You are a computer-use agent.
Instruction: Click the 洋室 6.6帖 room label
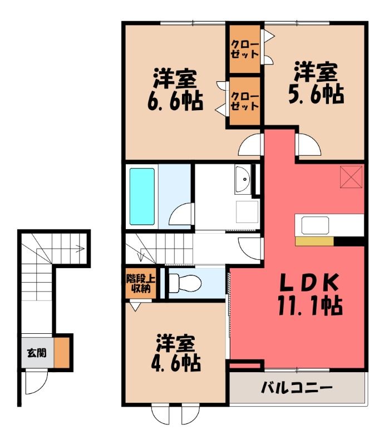click(x=175, y=89)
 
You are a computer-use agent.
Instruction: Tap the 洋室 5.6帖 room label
click(x=316, y=82)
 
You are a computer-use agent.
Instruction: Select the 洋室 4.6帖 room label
click(x=176, y=353)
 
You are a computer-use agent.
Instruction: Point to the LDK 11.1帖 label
click(x=310, y=294)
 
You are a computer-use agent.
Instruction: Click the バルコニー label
click(x=297, y=387)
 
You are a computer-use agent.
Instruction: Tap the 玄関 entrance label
click(x=37, y=353)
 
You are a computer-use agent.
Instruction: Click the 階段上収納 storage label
click(x=141, y=284)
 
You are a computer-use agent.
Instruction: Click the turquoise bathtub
click(x=142, y=196)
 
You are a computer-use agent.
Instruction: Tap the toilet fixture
click(x=185, y=283)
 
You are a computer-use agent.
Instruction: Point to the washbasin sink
click(x=243, y=179)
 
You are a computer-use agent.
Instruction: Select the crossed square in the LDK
click(x=351, y=177)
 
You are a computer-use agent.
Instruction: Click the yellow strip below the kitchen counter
click(x=314, y=241)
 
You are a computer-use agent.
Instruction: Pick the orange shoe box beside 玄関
click(x=62, y=353)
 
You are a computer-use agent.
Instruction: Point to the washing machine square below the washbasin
click(x=248, y=212)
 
